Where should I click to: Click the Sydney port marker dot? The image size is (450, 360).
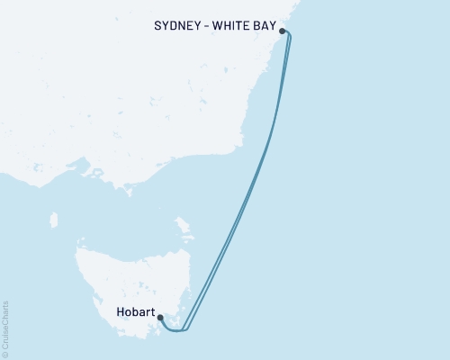(283, 31)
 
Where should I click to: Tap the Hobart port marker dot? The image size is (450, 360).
(160, 317)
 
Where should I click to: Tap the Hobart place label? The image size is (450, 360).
(135, 315)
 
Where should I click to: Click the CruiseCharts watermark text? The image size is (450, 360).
(6, 325)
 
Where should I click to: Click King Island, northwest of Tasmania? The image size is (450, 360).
(53, 220)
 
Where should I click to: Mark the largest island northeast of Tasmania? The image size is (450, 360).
(181, 224)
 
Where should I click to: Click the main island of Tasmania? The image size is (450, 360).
(126, 279)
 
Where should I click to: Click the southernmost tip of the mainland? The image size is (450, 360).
(130, 191)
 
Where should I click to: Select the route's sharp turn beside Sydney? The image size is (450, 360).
(290, 37)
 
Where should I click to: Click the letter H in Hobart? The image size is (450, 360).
(120, 315)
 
